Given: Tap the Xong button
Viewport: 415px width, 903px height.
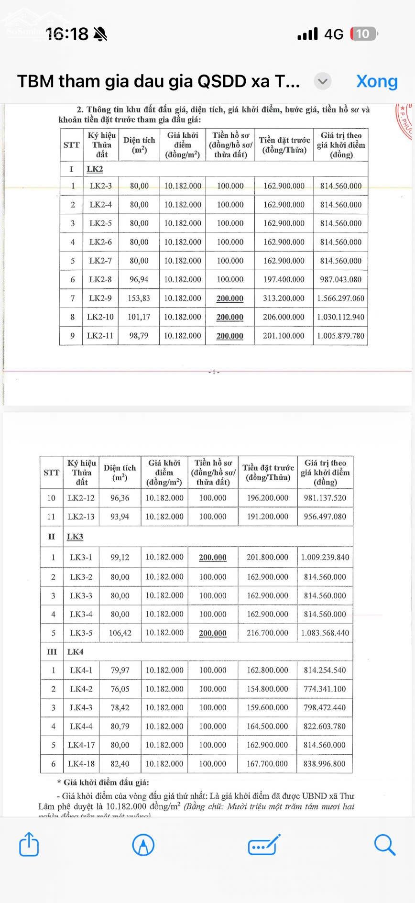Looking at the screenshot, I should coord(377,81).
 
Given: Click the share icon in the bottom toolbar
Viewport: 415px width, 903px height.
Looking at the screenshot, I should coord(29,844).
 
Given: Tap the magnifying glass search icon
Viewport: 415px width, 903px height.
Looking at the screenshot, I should coord(384,844).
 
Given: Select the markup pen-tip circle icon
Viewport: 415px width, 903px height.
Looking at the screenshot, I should coord(143,844).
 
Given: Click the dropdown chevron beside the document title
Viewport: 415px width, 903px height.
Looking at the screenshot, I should coord(323,81).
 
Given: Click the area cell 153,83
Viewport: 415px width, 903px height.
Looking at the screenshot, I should coord(139,298).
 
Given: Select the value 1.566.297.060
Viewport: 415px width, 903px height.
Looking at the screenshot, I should coord(340,298).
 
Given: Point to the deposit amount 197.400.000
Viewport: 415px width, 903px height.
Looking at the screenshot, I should coord(284,279).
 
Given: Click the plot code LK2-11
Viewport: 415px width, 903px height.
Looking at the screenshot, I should coord(100,336).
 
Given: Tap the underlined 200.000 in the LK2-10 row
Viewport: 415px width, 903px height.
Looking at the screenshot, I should coord(230,317).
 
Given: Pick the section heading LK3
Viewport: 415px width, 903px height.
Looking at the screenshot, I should coord(75,537).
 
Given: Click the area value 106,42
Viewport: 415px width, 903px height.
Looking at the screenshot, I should coord(120,633).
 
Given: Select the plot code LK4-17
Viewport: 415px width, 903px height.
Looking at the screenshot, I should coord(81,745).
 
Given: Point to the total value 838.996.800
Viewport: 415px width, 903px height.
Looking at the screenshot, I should coord(325,764).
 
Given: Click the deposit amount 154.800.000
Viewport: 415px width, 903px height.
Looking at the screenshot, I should coord(267,689).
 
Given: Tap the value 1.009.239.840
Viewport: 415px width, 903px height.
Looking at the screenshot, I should coord(325,557).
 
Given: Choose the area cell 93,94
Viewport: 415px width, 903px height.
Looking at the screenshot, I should coord(120,517).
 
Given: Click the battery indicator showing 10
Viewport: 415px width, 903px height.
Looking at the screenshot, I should coord(363,34).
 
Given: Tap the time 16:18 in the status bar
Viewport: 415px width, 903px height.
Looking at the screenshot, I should coord(67,34).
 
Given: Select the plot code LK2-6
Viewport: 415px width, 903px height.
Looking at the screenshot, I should coord(100,242).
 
